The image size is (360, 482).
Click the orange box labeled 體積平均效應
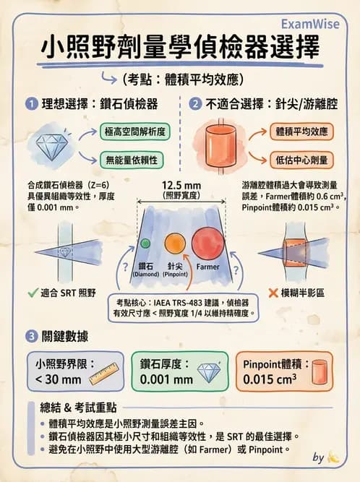point(300,132)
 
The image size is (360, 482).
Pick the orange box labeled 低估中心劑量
point(300,159)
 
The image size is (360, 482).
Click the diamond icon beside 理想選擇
point(54,145)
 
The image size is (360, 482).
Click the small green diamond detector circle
point(145,243)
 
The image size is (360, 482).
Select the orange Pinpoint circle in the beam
point(175,244)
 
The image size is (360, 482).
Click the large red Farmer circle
point(207,244)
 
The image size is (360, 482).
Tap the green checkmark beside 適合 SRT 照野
point(31,293)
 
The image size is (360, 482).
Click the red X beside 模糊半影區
point(274,293)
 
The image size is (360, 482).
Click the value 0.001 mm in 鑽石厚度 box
point(166,378)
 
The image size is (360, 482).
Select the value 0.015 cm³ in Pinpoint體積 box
point(270,378)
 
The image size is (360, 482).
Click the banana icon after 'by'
point(333,457)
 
